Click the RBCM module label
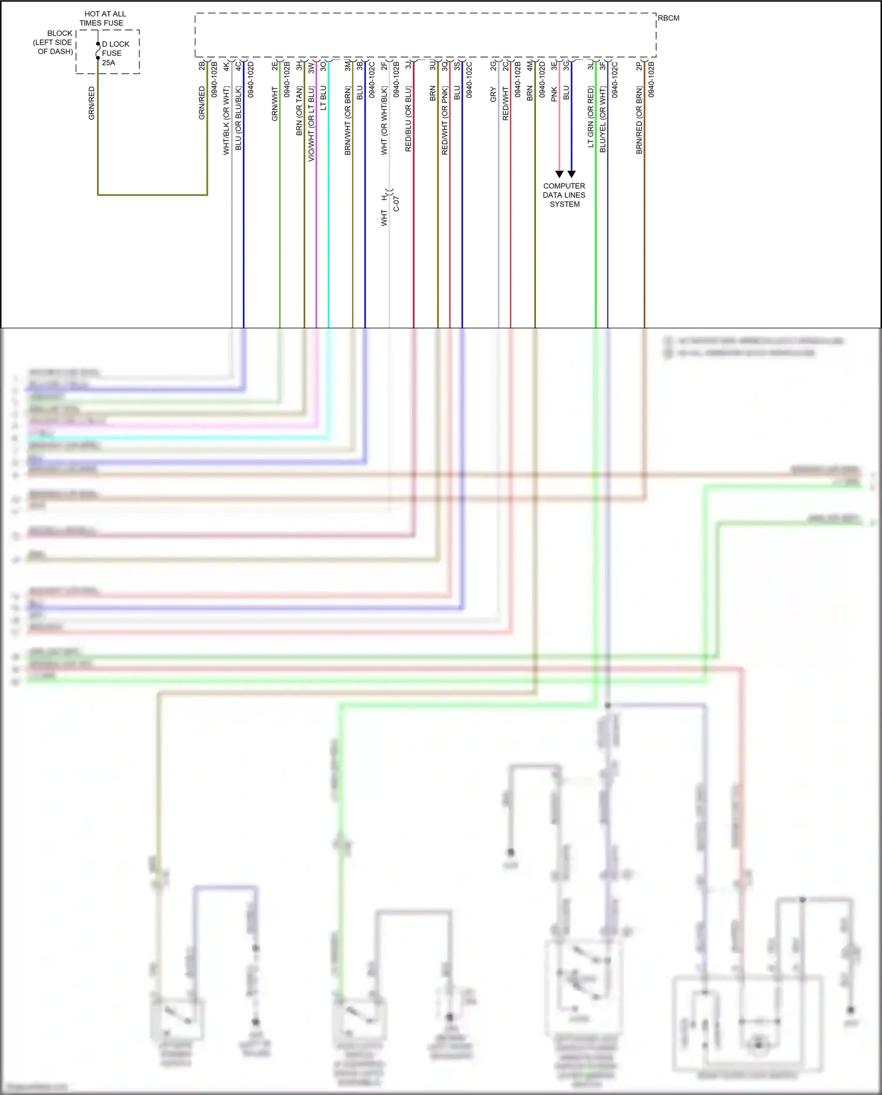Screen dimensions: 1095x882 (x=668, y=18)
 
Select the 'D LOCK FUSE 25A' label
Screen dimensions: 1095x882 (x=115, y=53)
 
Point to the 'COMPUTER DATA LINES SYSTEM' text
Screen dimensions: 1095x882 (x=564, y=195)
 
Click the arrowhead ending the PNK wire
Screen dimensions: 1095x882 (x=560, y=174)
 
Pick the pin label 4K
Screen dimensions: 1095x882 (x=226, y=66)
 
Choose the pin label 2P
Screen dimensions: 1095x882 (x=640, y=66)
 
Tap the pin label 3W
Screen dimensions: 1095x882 (x=311, y=66)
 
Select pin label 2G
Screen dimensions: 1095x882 (x=494, y=66)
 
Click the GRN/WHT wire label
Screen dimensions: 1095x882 (x=275, y=104)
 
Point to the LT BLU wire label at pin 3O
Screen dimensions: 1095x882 (x=324, y=98)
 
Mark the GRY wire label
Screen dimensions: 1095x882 (x=494, y=95)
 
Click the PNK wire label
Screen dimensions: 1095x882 (x=554, y=94)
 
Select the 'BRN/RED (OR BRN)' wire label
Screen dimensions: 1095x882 (x=640, y=121)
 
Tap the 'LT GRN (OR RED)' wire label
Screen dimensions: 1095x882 (x=591, y=117)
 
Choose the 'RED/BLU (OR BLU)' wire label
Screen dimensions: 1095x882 (x=408, y=119)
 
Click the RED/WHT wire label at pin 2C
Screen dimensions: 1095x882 (x=505, y=104)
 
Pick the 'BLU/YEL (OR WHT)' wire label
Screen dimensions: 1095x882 (x=603, y=119)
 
